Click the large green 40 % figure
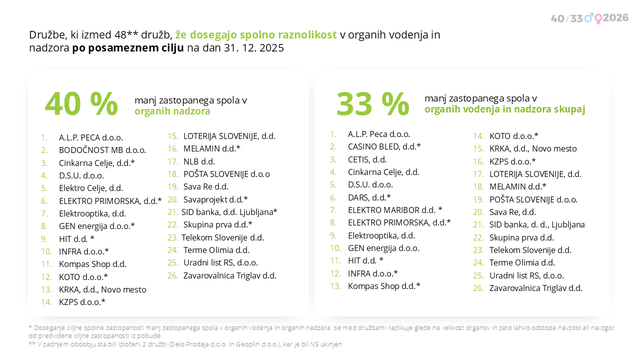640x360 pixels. [81, 104]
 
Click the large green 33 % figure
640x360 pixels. [372, 104]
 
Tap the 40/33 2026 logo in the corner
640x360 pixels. [589, 18]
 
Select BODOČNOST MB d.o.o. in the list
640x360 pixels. [102, 150]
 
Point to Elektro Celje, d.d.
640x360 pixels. [90, 188]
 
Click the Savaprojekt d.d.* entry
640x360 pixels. [215, 199]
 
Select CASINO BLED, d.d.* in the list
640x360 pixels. [384, 146]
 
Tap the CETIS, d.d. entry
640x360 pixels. [367, 159]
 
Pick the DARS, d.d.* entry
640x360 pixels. [369, 197]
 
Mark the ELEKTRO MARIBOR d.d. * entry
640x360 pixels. [395, 210]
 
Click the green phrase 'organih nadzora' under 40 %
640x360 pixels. [172, 111]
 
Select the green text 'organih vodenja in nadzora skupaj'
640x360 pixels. [504, 109]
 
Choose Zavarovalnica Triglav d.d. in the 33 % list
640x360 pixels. [535, 288]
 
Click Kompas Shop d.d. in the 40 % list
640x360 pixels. [92, 264]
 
